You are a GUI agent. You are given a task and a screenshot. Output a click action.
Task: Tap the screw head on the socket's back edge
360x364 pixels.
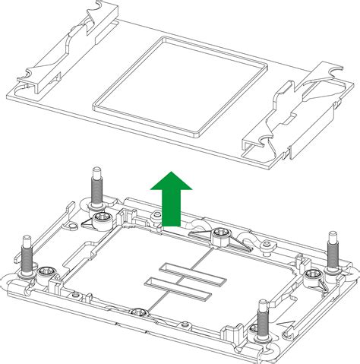point(222,233)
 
